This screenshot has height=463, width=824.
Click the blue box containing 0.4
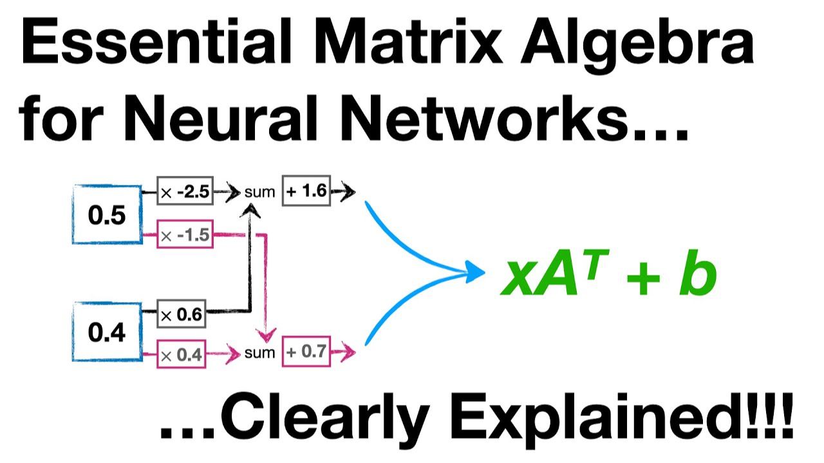pos(106,333)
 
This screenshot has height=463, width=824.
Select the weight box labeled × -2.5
pos(185,193)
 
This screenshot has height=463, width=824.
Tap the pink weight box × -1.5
pos(185,236)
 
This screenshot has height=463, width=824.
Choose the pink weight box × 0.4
pos(181,354)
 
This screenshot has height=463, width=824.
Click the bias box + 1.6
pos(306,192)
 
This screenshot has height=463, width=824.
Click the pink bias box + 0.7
pos(306,352)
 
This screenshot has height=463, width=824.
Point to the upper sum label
pos(259,193)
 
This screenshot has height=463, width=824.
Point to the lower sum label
pos(259,353)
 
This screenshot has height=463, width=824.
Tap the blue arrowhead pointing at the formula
pos(475,273)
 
